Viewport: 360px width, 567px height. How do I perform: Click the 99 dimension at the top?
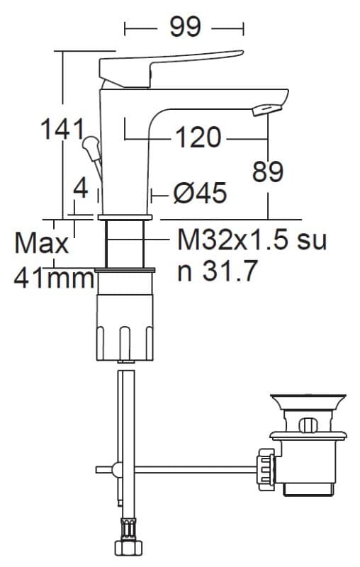click(185, 27)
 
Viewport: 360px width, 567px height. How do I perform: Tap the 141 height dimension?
click(62, 129)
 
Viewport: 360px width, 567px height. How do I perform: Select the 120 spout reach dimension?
click(198, 137)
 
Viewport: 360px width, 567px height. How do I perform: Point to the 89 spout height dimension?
click(268, 172)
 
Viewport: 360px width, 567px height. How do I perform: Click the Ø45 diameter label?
click(200, 193)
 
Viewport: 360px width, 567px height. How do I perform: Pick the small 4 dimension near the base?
click(80, 189)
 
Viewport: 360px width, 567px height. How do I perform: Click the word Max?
click(42, 243)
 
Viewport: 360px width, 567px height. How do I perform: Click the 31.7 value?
click(230, 271)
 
